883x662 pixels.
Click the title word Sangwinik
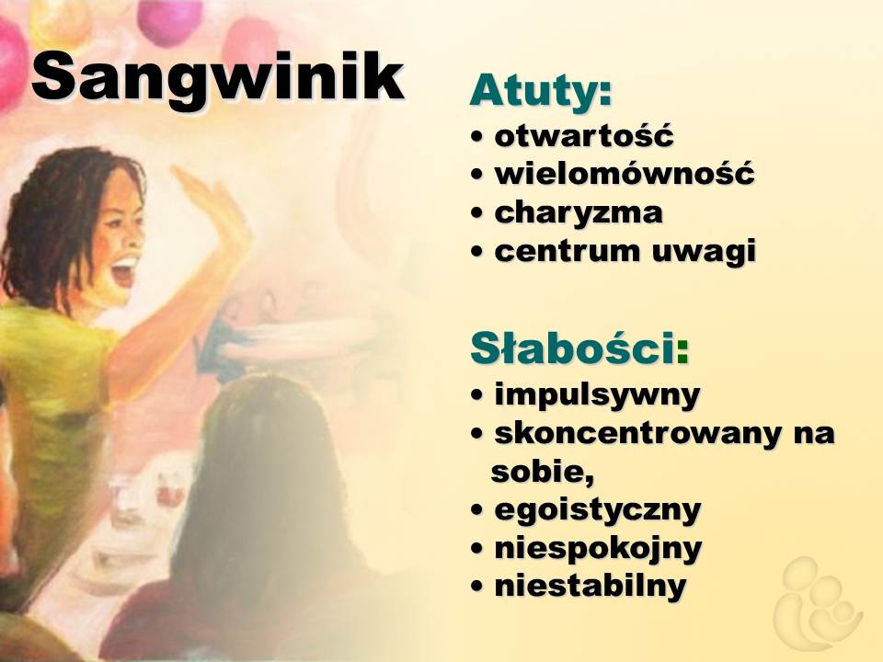click(x=218, y=77)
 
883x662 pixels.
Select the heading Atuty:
click(x=541, y=90)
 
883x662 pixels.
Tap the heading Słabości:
click(x=579, y=348)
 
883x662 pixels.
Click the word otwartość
click(x=583, y=135)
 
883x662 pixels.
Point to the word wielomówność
click(x=624, y=173)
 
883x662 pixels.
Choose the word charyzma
click(x=579, y=212)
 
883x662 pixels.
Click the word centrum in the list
click(x=568, y=251)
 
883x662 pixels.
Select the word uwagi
click(x=704, y=252)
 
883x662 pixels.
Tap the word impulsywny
click(x=597, y=394)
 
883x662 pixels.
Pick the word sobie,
click(x=543, y=472)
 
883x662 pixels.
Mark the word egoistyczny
click(x=598, y=510)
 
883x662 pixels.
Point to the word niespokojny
click(x=598, y=548)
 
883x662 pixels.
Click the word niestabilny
click(x=591, y=586)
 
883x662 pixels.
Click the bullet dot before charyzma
click(x=477, y=213)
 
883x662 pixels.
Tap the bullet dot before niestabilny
click(x=477, y=587)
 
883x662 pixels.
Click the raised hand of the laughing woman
click(x=214, y=205)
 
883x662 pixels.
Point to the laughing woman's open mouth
click(x=125, y=270)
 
